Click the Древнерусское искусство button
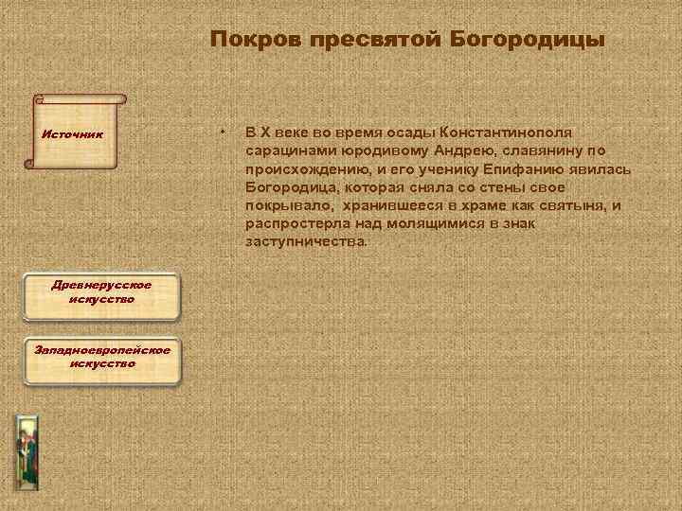(101, 291)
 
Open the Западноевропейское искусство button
(101, 357)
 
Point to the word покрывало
(281, 205)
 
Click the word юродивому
(365, 150)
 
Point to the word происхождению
(302, 168)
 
